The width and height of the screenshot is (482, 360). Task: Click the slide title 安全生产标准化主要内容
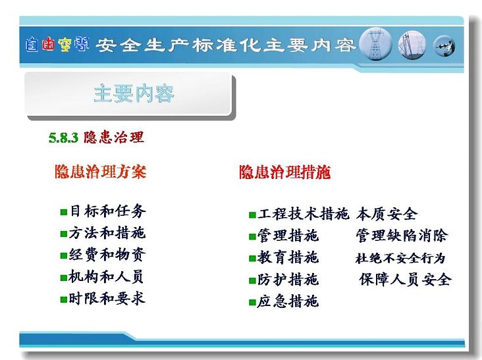[x=226, y=45]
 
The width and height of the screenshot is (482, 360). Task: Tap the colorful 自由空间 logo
[x=57, y=44]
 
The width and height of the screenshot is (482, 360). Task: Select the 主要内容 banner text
[x=134, y=93]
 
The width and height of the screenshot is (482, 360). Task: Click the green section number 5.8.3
[x=64, y=138]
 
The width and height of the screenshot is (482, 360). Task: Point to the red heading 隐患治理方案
[x=101, y=171]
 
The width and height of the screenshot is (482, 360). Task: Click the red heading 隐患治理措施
[x=285, y=172]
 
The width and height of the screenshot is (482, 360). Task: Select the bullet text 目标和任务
[x=107, y=211]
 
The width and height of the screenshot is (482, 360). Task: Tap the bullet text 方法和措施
[x=107, y=233]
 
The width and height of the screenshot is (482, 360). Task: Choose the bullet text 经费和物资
[x=107, y=255]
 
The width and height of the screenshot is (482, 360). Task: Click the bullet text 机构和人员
[x=107, y=276]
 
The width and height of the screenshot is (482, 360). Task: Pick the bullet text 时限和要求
[x=107, y=298]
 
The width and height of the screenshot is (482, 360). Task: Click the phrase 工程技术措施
[x=304, y=213]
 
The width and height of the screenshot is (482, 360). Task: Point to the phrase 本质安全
[x=387, y=214]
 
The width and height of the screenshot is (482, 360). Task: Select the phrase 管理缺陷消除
[x=402, y=236]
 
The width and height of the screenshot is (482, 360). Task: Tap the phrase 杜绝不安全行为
[x=400, y=258]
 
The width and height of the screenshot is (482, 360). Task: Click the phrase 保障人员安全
[x=406, y=279]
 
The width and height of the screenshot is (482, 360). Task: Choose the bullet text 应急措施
[x=288, y=301]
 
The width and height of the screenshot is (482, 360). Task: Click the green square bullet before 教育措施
[x=252, y=259]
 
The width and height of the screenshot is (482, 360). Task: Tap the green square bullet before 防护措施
[x=252, y=280]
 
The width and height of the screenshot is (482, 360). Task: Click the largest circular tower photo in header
[x=375, y=44]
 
